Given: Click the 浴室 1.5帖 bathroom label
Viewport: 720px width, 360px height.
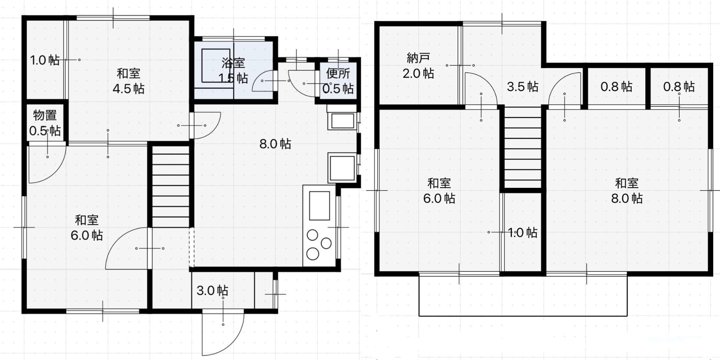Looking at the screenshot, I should coord(233,70).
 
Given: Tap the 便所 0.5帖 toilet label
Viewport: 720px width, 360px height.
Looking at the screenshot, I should coord(338,81).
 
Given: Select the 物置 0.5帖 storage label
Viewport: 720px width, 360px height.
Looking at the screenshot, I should coord(45,123).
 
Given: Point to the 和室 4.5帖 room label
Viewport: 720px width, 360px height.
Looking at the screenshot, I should coord(129,81).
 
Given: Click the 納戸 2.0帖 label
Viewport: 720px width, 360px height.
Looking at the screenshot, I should coord(418,66).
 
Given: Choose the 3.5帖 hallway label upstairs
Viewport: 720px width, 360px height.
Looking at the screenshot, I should coord(522,87).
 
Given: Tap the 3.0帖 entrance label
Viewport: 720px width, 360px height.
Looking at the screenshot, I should coord(212,290).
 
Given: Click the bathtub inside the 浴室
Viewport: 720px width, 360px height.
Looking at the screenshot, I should coord(216,66).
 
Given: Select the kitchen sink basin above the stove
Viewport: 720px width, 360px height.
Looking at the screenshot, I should coord(319,205).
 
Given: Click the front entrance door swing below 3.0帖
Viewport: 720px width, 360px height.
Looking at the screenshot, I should coord(221,332).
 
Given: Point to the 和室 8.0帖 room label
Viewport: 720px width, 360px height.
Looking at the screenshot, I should coord(627,190).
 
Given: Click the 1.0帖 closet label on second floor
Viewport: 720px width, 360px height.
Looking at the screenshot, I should coord(523,232).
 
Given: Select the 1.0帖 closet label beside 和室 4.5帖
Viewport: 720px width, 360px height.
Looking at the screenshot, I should coord(45,60).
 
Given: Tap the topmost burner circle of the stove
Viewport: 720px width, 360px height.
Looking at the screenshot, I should coord(312,235).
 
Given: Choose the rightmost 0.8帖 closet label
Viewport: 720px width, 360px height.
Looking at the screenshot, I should coord(679,87).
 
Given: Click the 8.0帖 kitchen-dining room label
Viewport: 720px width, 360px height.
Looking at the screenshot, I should coord(275,144).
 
